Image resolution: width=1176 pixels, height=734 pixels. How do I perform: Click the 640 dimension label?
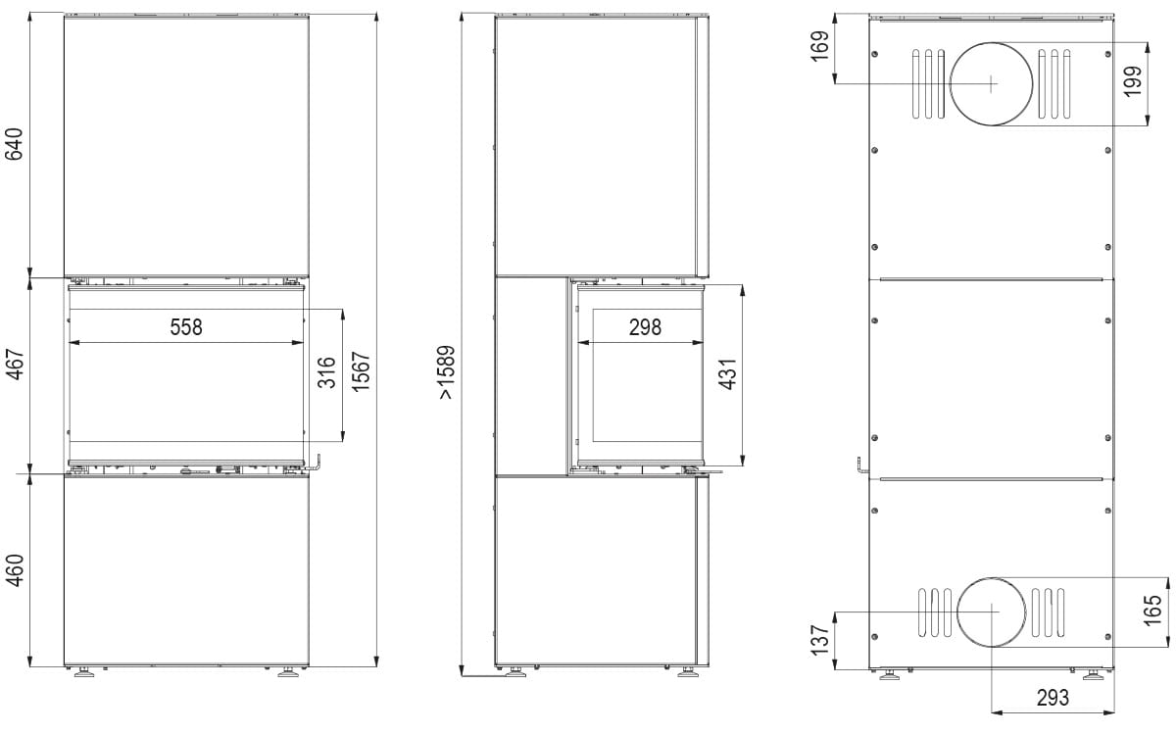[x=14, y=144]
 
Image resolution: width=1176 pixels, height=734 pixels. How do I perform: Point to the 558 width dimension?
[x=186, y=326]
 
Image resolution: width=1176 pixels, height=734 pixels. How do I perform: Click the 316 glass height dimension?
[x=326, y=372]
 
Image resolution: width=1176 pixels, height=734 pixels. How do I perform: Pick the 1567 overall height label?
[x=362, y=371]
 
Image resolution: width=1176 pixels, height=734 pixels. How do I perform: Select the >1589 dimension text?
[x=446, y=372]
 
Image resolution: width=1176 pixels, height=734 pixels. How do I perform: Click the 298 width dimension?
[x=645, y=327]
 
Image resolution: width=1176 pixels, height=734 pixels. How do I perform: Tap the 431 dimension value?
[x=728, y=374]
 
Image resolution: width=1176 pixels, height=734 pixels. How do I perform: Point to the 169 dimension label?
[x=819, y=46]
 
